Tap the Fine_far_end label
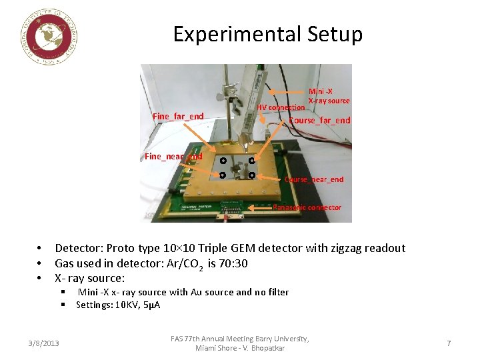click(x=178, y=117)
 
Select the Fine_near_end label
click(x=173, y=157)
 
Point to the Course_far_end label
click(x=319, y=121)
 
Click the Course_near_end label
click(x=314, y=179)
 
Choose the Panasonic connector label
click(x=307, y=207)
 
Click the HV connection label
click(x=281, y=107)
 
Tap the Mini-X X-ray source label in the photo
click(x=329, y=96)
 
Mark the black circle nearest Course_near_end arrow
click(x=253, y=175)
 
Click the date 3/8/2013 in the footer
click(x=44, y=343)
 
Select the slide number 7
click(x=449, y=343)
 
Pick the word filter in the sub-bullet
click(x=277, y=292)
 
